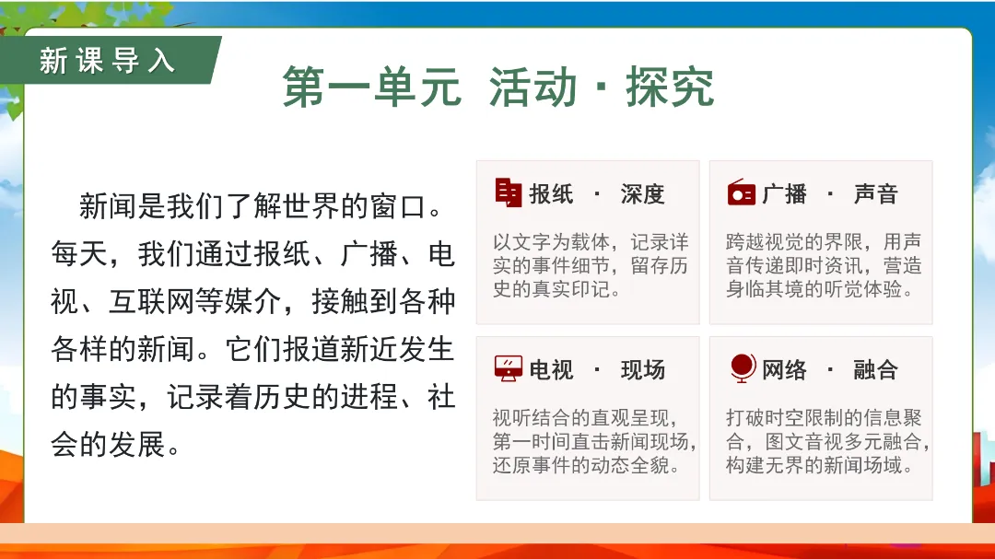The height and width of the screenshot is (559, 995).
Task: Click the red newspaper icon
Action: pyautogui.click(x=509, y=192)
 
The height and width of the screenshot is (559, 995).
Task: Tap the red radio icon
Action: pyautogui.click(x=741, y=192)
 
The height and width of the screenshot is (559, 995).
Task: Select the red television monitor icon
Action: pyautogui.click(x=509, y=368)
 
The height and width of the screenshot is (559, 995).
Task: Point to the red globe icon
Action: pyautogui.click(x=743, y=368)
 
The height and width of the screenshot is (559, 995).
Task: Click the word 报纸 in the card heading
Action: pyautogui.click(x=552, y=194)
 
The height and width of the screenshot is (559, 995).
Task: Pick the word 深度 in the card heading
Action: pyautogui.click(x=643, y=194)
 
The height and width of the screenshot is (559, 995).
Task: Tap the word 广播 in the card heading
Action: pyautogui.click(x=784, y=194)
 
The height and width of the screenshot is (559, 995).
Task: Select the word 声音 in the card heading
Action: pyautogui.click(x=876, y=194)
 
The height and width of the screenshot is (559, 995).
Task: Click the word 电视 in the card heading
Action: pyautogui.click(x=552, y=370)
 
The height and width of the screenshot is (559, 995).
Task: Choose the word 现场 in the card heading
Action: pyautogui.click(x=643, y=370)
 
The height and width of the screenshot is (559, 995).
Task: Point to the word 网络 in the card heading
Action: pyautogui.click(x=784, y=370)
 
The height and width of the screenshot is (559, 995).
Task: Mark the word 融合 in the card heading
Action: pyautogui.click(x=876, y=370)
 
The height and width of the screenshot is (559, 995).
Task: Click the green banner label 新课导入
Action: pyautogui.click(x=107, y=61)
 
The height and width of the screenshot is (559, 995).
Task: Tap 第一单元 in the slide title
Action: pyautogui.click(x=372, y=87)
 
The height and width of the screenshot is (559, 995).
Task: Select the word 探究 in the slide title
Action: pyautogui.click(x=670, y=87)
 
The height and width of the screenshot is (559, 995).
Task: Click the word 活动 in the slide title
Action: pyautogui.click(x=533, y=87)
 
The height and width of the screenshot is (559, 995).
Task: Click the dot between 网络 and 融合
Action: pyautogui.click(x=830, y=369)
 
